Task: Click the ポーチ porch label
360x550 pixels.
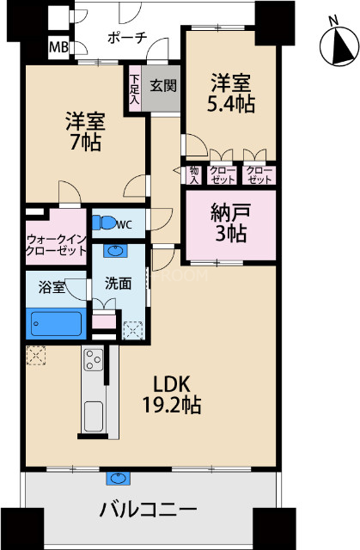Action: point(127,38)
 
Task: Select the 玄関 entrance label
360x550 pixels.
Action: point(163,85)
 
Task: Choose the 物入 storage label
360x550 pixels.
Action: point(194,175)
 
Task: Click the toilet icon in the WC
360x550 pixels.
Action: point(107,223)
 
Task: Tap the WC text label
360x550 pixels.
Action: point(125,225)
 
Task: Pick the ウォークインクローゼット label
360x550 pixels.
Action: point(56,245)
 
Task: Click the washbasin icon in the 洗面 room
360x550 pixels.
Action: point(116,252)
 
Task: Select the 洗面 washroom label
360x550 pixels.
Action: point(118,283)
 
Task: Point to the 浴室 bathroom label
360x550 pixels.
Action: point(52,287)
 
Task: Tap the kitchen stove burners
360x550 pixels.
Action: point(93,361)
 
